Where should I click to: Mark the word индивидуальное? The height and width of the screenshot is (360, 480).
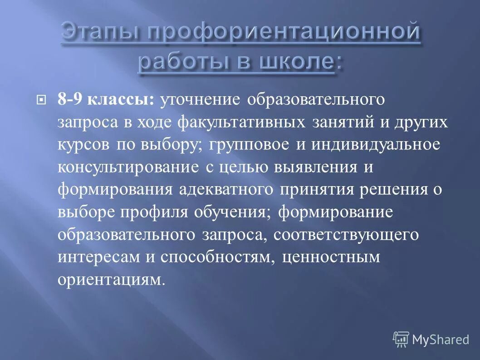[376, 145]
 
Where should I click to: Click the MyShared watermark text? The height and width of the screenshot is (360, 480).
[440, 340]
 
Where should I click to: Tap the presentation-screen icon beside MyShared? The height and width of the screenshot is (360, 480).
[401, 339]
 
